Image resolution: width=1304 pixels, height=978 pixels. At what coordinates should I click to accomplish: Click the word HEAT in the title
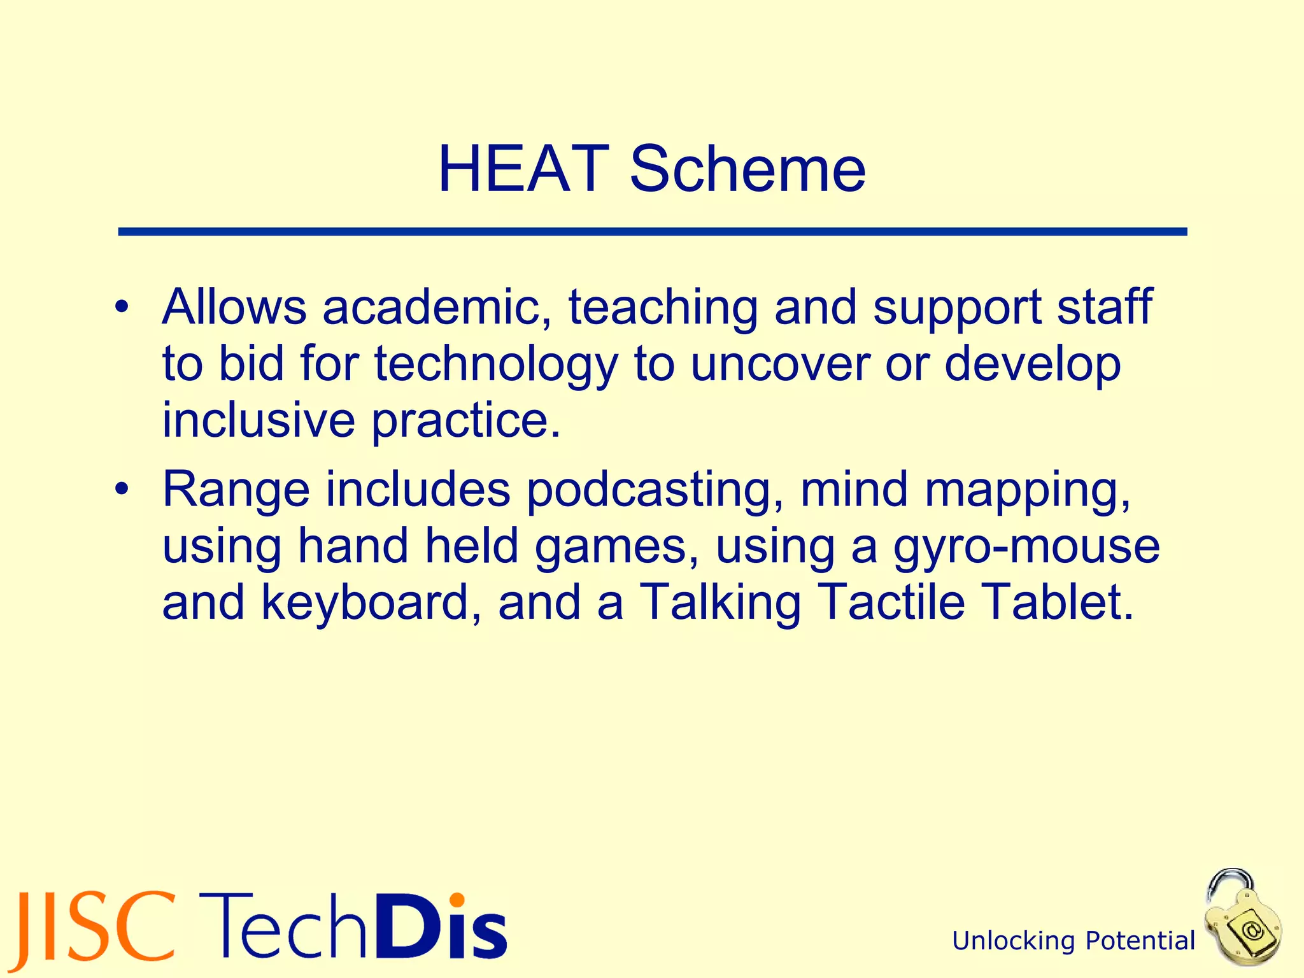tap(523, 169)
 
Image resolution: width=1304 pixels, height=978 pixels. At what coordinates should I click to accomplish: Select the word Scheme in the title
tap(748, 169)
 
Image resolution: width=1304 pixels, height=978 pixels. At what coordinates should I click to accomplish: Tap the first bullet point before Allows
tap(122, 308)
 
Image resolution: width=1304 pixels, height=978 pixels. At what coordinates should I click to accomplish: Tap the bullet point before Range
tap(122, 490)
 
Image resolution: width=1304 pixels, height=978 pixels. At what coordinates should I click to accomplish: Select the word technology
tap(496, 364)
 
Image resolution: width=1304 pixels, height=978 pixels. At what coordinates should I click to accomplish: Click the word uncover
tap(780, 364)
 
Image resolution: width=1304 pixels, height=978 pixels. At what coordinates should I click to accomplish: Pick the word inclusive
tap(259, 420)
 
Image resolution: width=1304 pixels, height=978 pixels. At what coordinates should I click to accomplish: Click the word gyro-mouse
tap(1026, 546)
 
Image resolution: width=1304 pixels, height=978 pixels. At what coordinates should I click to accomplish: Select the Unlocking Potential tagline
tap(1074, 940)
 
